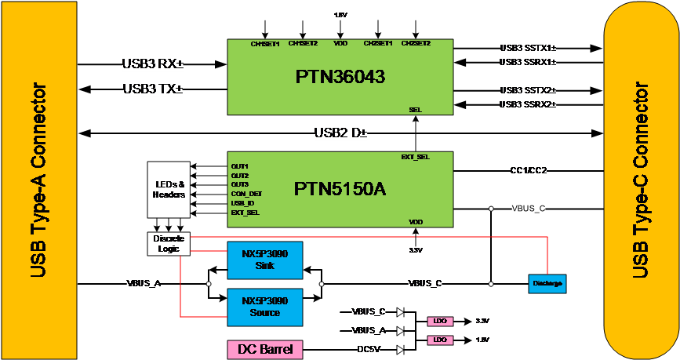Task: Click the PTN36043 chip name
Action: [x=340, y=78]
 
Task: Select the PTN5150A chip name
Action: [x=340, y=190]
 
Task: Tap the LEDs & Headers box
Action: [x=169, y=190]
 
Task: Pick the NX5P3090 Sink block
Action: [x=264, y=260]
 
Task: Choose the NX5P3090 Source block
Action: [x=264, y=307]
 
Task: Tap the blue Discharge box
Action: [x=547, y=282]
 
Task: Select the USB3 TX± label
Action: [x=153, y=89]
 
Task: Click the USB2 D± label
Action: [x=341, y=133]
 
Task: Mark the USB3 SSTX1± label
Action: [x=529, y=48]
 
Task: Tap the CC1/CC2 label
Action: [x=529, y=170]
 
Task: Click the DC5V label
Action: [x=369, y=349]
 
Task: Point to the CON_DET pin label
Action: [x=246, y=194]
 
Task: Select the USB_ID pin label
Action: [x=242, y=203]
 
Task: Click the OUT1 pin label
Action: [x=239, y=166]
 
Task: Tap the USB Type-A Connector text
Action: [x=38, y=180]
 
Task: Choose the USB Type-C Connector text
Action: [x=642, y=180]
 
